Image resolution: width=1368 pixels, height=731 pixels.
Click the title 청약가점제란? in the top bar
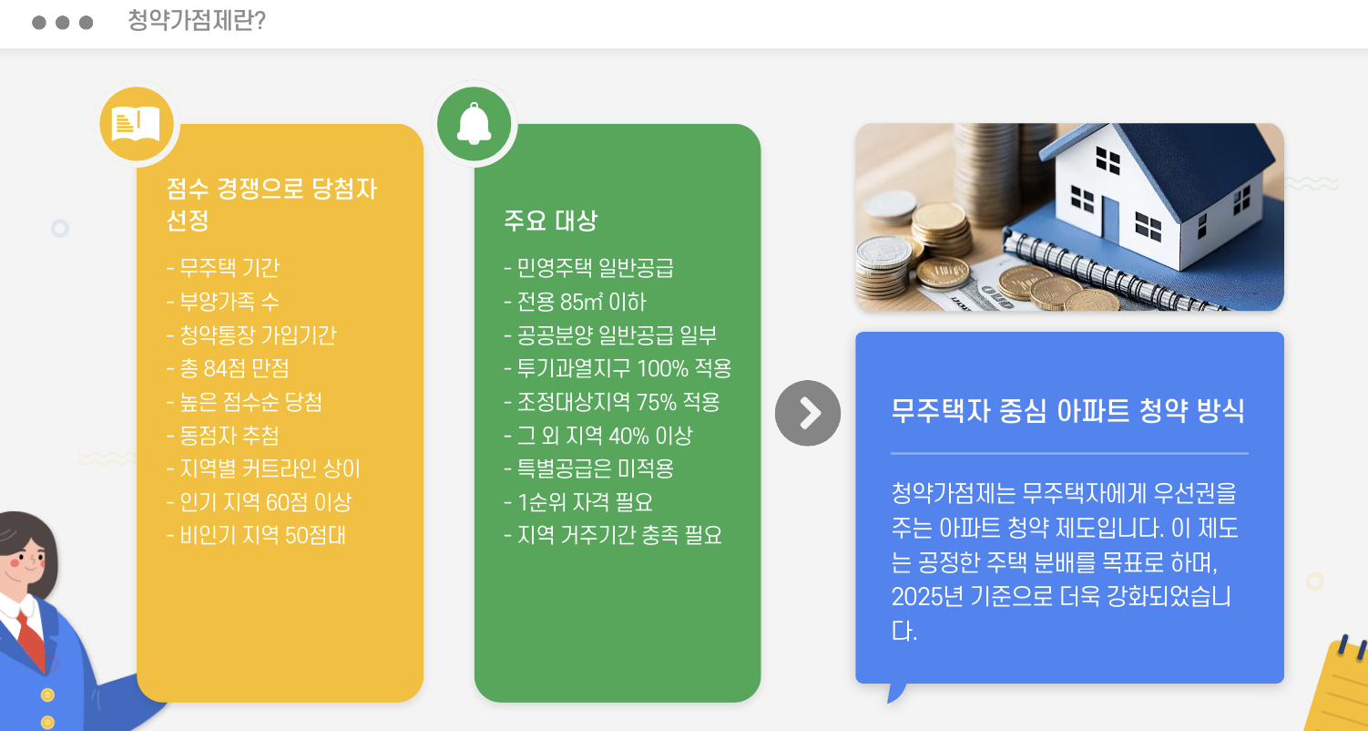[x=197, y=22]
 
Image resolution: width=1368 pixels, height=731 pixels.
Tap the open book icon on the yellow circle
[x=136, y=125]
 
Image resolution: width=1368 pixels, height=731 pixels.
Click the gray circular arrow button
[x=808, y=413]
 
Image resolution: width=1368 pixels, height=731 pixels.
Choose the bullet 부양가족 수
[x=223, y=302]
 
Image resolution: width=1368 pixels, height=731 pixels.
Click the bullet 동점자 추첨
[x=223, y=436]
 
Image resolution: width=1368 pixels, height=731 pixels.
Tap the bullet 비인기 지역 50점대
[x=256, y=535]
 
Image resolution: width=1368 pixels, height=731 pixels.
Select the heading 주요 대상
[x=550, y=221]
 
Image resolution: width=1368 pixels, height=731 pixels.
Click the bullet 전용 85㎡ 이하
[x=575, y=302]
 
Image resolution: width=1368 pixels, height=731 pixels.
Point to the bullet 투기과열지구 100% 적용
[x=618, y=368]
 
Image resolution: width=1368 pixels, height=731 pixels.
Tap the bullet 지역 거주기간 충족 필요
[x=613, y=535]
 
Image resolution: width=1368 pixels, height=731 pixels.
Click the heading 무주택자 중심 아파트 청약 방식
[x=1067, y=411]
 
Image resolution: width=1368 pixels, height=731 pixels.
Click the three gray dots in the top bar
[x=62, y=23]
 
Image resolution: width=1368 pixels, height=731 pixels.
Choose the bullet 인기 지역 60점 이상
[x=259, y=502]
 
